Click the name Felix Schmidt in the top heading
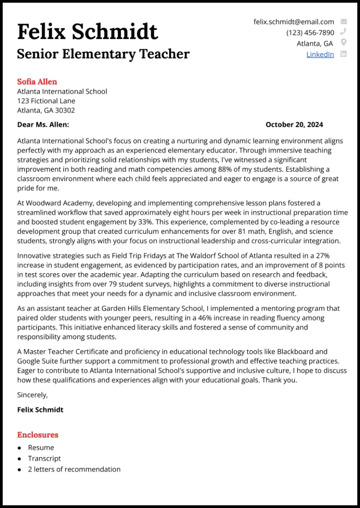pyautogui.click(x=87, y=32)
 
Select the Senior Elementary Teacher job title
pyautogui.click(x=103, y=54)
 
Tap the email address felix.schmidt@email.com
pyautogui.click(x=293, y=22)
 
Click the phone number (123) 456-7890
pyautogui.click(x=310, y=32)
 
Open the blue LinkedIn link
pyautogui.click(x=320, y=54)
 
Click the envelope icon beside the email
pyautogui.click(x=344, y=22)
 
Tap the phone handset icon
pyautogui.click(x=344, y=32)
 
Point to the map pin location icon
pyautogui.click(x=344, y=43)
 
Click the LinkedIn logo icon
pyautogui.click(x=344, y=54)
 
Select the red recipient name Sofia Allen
pyautogui.click(x=37, y=81)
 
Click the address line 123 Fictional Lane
pyautogui.click(x=46, y=101)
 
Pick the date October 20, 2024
pyautogui.click(x=294, y=125)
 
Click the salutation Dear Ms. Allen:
pyautogui.click(x=43, y=125)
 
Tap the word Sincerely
pyautogui.click(x=32, y=395)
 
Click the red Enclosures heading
pyautogui.click(x=38, y=435)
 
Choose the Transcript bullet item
pyautogui.click(x=44, y=459)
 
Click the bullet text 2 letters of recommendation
pyautogui.click(x=74, y=469)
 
